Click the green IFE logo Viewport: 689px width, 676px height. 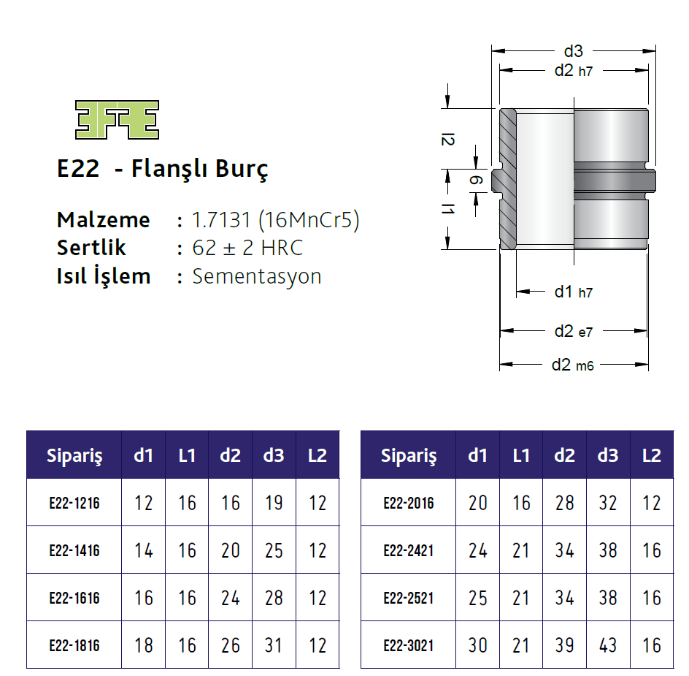click(117, 119)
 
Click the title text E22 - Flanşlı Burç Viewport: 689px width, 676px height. click(162, 169)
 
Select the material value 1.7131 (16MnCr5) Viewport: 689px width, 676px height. click(275, 220)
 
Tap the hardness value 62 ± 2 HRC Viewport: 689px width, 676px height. click(247, 248)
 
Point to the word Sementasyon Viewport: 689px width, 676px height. click(256, 276)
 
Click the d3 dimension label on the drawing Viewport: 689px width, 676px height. click(573, 51)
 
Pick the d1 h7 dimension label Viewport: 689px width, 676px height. click(573, 292)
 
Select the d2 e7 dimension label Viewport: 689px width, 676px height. click(573, 331)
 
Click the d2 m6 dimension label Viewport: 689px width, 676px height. click(573, 365)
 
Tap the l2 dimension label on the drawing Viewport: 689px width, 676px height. click(448, 139)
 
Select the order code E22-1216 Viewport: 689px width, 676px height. click(74, 503)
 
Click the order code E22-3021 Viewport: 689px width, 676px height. click(408, 645)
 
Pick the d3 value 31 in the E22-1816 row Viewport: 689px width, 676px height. click(274, 645)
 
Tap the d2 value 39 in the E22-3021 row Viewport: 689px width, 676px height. click(564, 645)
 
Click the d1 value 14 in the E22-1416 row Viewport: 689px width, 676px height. click(144, 550)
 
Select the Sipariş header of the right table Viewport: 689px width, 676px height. click(408, 455)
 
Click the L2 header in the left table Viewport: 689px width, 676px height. click(317, 455)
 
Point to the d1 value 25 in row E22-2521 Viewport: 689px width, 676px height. click(477, 598)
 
